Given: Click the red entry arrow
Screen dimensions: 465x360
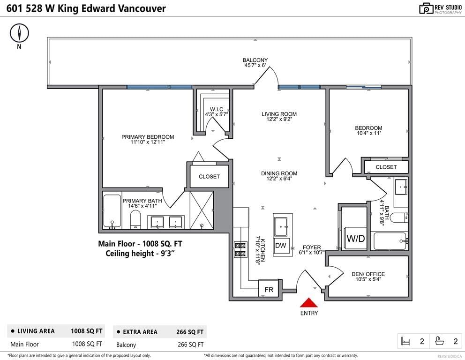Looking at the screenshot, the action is coord(309,303).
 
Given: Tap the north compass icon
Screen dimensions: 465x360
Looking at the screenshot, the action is coord(19,33).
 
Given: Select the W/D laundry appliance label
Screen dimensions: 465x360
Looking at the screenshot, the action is coord(356,239).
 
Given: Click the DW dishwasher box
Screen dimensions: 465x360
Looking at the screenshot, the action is coord(280,246).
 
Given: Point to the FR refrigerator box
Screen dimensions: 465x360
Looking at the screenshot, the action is coord(269,289).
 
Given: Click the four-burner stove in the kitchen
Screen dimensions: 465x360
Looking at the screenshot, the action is coord(240,249).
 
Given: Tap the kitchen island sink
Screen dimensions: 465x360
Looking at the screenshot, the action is coord(280,226).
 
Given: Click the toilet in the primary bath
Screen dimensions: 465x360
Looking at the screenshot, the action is coord(135,219).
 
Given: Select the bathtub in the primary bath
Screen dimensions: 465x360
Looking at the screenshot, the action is coord(112,211).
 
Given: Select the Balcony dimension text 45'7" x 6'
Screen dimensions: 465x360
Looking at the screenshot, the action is coord(255,65).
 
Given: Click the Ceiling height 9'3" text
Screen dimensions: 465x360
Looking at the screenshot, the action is coord(140,254).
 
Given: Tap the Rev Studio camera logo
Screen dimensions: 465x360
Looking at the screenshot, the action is coord(426,8).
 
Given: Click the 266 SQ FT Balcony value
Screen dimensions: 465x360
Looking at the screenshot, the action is coord(191,345).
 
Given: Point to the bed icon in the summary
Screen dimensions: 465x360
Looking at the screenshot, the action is coord(405,341).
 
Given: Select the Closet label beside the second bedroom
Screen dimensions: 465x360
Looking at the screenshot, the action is coord(386,167).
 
